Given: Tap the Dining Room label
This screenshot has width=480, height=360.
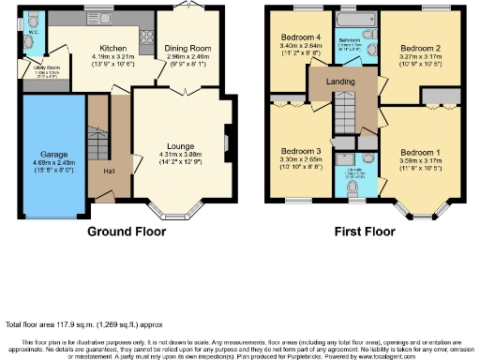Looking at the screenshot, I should coord(187,48).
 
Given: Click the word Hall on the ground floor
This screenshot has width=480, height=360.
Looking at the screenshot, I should coord(110,170).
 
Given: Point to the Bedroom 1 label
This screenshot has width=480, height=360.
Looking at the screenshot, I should coord(419,152).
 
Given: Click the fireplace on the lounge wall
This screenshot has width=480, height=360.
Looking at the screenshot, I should coord(226,142).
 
